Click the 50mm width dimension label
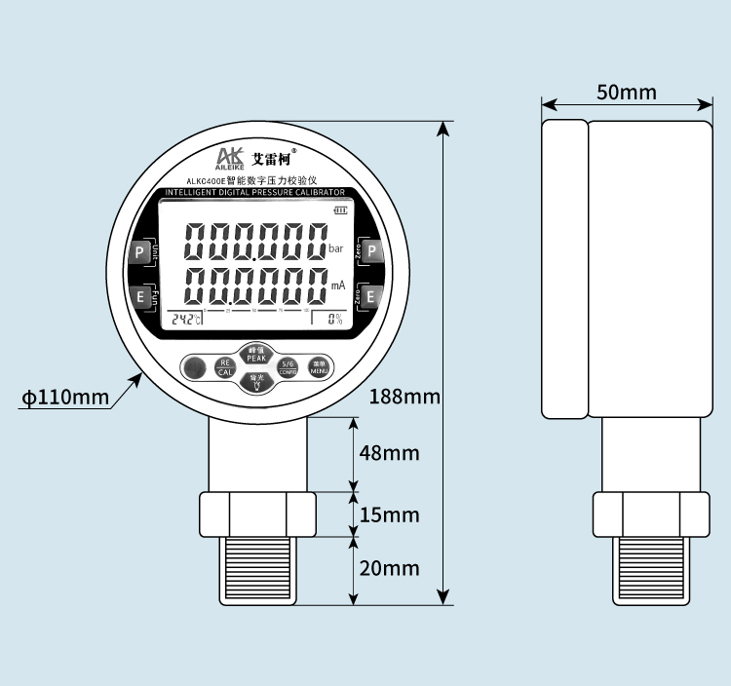point(627,93)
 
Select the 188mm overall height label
point(405,398)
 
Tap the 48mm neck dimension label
point(389,453)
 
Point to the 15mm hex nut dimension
point(389,514)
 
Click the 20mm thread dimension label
point(389,568)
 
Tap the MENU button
point(320,367)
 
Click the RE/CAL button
point(225,367)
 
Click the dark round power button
point(195,367)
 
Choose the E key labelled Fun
point(139,297)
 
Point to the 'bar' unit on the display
point(336,249)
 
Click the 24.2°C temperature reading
point(186,319)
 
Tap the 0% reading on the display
point(334,319)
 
